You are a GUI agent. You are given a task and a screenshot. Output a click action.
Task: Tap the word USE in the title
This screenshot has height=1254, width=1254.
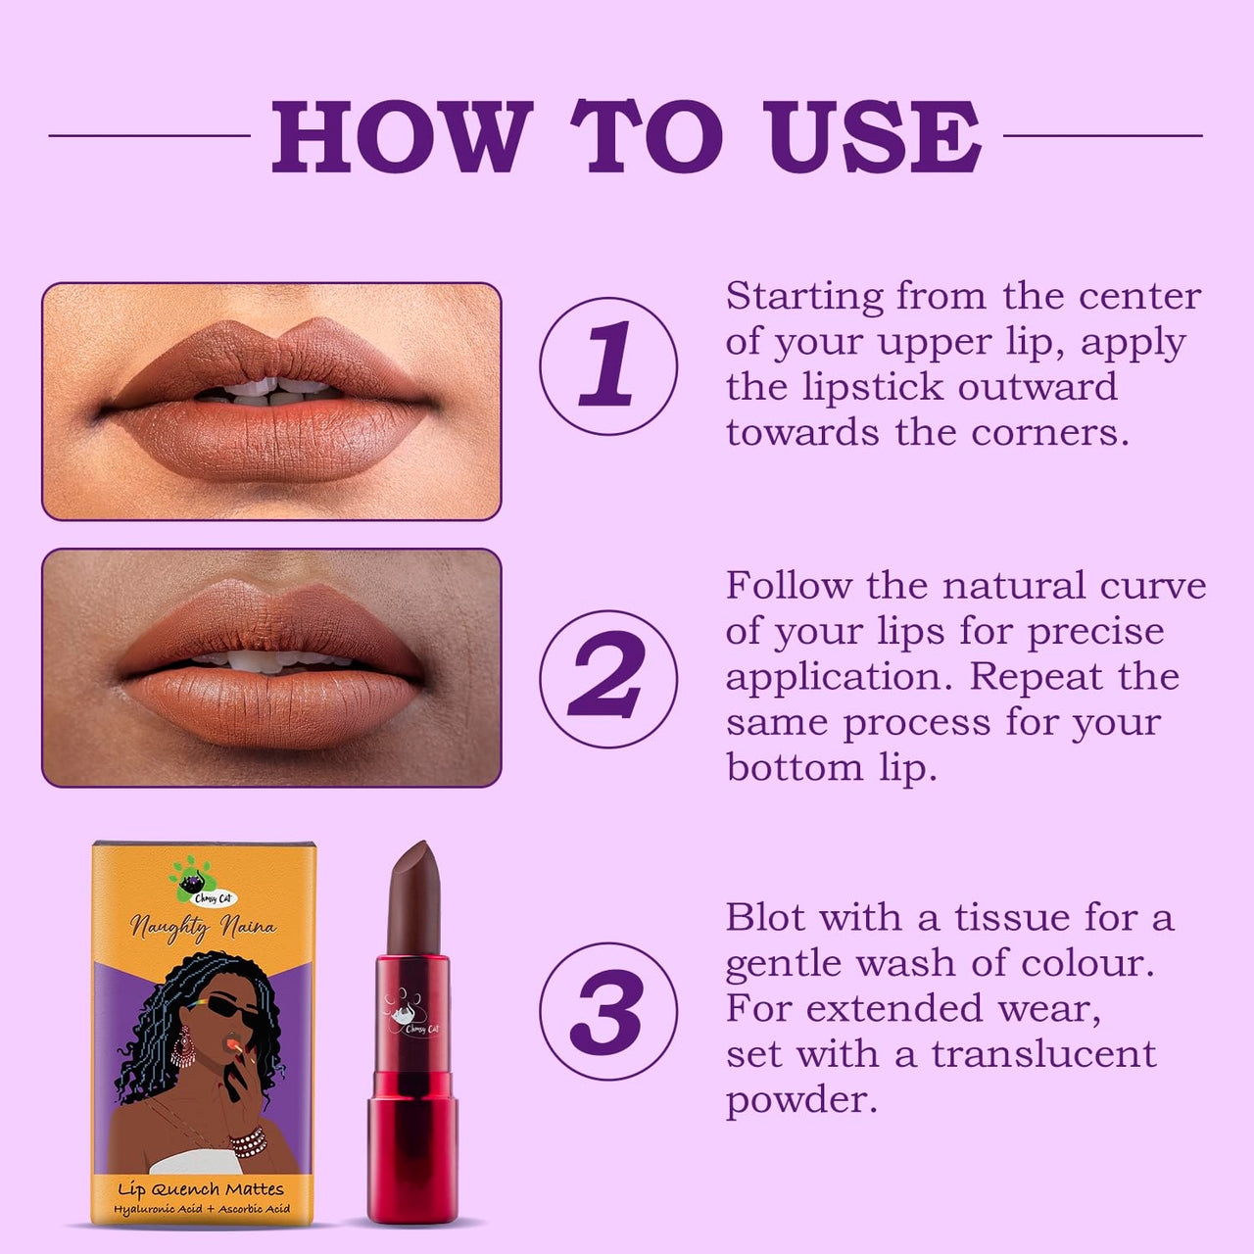pyautogui.click(x=872, y=136)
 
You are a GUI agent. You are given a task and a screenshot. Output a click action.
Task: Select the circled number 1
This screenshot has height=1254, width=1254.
pyautogui.click(x=608, y=365)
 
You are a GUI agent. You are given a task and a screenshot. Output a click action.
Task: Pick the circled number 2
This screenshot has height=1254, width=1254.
pyautogui.click(x=608, y=679)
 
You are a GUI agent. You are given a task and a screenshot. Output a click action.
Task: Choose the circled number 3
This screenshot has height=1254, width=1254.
pyautogui.click(x=608, y=1011)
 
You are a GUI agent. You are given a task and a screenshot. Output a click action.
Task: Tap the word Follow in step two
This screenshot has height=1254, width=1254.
pyautogui.click(x=789, y=585)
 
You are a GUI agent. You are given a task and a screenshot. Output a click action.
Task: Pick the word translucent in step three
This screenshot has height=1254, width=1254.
pyautogui.click(x=1043, y=1054)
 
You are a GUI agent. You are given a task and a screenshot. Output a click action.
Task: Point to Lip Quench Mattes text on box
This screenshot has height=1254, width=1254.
pyautogui.click(x=201, y=1189)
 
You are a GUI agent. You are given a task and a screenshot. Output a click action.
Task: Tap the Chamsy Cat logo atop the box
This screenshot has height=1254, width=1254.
pyautogui.click(x=203, y=883)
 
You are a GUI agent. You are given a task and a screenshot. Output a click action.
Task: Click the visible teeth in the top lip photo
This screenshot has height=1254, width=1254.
pyautogui.click(x=272, y=391)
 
